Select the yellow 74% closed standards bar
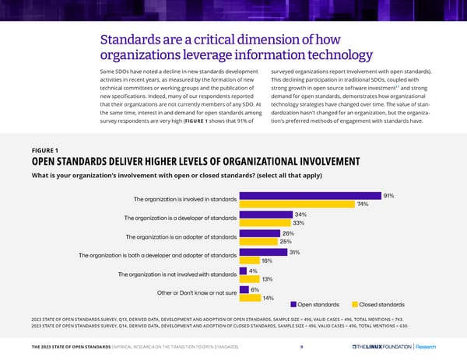coord(297,204)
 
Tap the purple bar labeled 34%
coord(265,215)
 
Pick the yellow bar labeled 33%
coord(265,223)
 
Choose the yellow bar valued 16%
coord(250,260)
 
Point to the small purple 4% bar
coord(243,271)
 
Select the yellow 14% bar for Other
coord(250,297)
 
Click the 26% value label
coord(287,233)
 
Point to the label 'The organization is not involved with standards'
coord(177,274)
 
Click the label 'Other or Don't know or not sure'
coord(188,292)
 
